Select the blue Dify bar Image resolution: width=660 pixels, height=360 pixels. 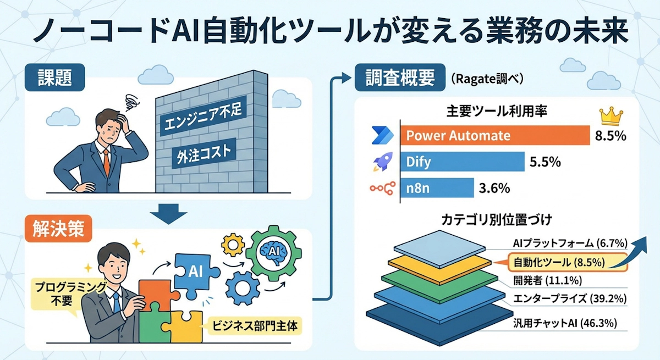(462, 162)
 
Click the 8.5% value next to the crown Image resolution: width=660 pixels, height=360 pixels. (610, 136)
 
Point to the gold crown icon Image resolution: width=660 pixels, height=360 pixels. (610, 116)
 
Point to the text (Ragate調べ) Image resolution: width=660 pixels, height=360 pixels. (487, 79)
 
